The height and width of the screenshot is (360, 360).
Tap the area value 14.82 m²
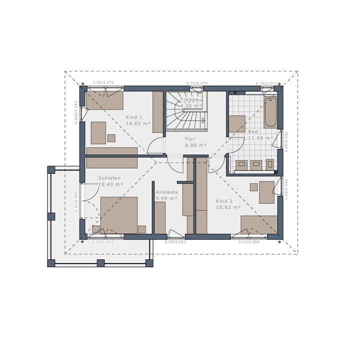[x=138, y=123]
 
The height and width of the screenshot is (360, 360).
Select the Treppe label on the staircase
[x=190, y=99]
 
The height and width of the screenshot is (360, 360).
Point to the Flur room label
[x=189, y=139]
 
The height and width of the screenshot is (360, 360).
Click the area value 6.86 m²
[x=195, y=145]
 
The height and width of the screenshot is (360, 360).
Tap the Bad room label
[x=253, y=132]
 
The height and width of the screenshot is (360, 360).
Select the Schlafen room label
[x=108, y=178]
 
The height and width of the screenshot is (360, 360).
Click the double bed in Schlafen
[x=119, y=215]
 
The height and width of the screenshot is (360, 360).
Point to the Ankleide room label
[x=165, y=192]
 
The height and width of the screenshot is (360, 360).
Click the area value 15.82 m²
[x=228, y=206]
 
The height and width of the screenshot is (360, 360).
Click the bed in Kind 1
[x=104, y=99]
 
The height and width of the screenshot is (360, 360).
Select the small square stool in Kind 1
[x=111, y=137]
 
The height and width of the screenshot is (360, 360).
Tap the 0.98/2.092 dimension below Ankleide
[x=175, y=241]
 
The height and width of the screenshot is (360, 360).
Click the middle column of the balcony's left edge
[x=50, y=216]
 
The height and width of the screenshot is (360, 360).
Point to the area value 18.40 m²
[x=111, y=184]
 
